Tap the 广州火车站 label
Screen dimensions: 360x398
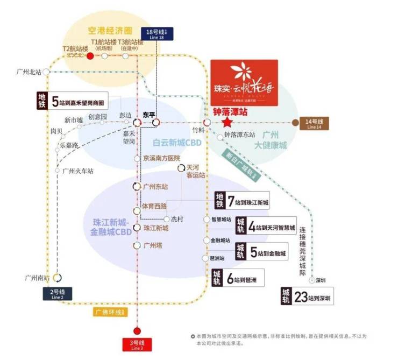77,171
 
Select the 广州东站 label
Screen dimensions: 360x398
156,186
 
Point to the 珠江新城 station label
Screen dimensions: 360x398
156,228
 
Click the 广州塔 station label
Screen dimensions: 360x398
153,245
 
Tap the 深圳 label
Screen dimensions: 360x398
322,280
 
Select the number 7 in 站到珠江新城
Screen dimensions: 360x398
231,201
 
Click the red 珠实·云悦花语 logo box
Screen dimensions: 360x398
244,82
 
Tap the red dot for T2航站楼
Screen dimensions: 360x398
90,55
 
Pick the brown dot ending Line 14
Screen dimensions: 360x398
295,123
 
